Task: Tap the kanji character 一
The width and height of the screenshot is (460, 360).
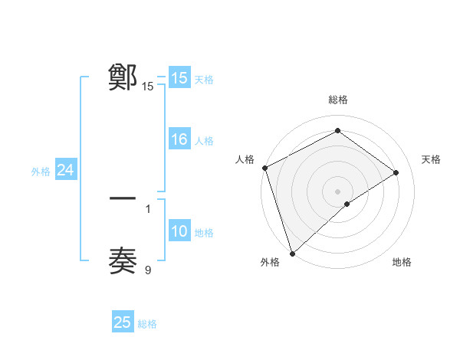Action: [123, 198]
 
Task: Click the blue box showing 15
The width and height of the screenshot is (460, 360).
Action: [179, 78]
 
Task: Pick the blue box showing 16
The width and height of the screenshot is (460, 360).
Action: [179, 139]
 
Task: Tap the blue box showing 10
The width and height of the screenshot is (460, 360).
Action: [179, 232]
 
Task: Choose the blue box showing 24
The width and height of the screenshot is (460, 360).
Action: [66, 171]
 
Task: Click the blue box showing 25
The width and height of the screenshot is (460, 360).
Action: [123, 322]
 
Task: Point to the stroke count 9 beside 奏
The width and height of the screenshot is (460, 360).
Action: [148, 269]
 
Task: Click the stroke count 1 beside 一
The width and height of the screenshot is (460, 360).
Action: [148, 208]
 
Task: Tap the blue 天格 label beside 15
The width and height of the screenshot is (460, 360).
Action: [204, 79]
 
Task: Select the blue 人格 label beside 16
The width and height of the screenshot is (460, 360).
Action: [204, 140]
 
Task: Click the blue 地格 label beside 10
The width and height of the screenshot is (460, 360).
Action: [204, 233]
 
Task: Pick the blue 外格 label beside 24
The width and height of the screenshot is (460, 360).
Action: [41, 172]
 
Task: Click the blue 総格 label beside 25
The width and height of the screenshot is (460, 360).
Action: [148, 323]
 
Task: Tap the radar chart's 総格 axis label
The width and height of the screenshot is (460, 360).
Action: [337, 100]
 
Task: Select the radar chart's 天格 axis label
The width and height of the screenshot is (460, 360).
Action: [431, 159]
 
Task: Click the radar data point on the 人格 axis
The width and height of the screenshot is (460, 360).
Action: [264, 168]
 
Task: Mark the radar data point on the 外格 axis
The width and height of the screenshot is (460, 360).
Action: [292, 252]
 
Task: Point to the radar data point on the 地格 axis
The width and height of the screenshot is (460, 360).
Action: [347, 204]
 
